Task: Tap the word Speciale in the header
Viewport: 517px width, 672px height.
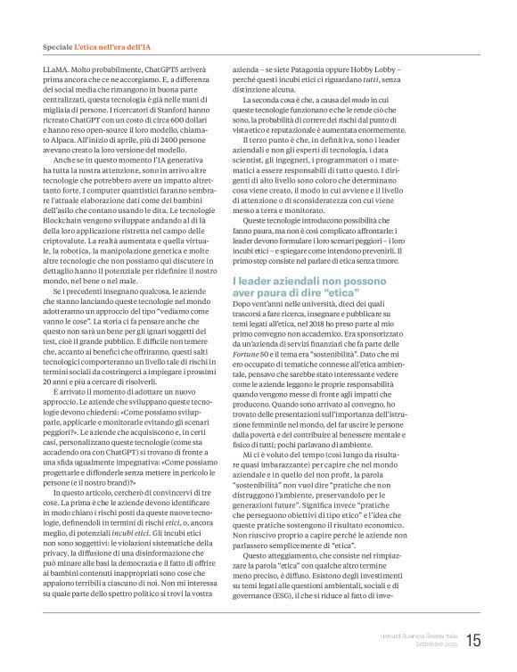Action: (58, 45)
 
